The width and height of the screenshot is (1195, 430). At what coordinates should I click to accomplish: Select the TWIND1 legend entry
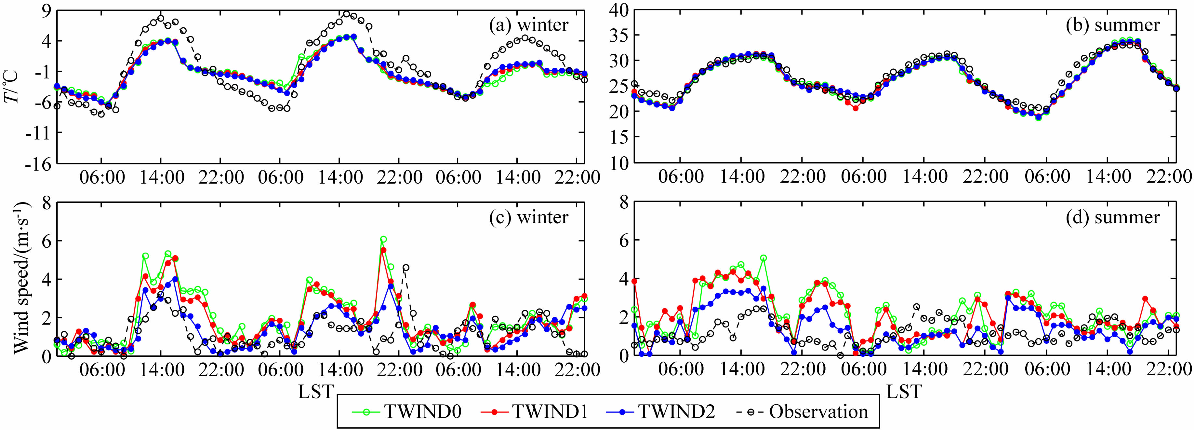534,411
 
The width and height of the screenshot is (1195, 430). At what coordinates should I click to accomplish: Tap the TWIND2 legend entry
660,411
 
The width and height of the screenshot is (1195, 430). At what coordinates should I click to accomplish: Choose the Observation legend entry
803,411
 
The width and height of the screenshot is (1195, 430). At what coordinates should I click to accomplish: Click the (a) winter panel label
528,25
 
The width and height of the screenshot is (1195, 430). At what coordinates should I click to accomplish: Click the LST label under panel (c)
315,392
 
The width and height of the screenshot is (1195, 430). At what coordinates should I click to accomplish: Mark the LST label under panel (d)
904,392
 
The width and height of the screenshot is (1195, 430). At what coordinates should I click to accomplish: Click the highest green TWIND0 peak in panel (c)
383,239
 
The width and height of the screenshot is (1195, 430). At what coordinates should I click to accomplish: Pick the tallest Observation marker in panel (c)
406,268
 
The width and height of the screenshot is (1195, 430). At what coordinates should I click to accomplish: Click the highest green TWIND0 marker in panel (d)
763,258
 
